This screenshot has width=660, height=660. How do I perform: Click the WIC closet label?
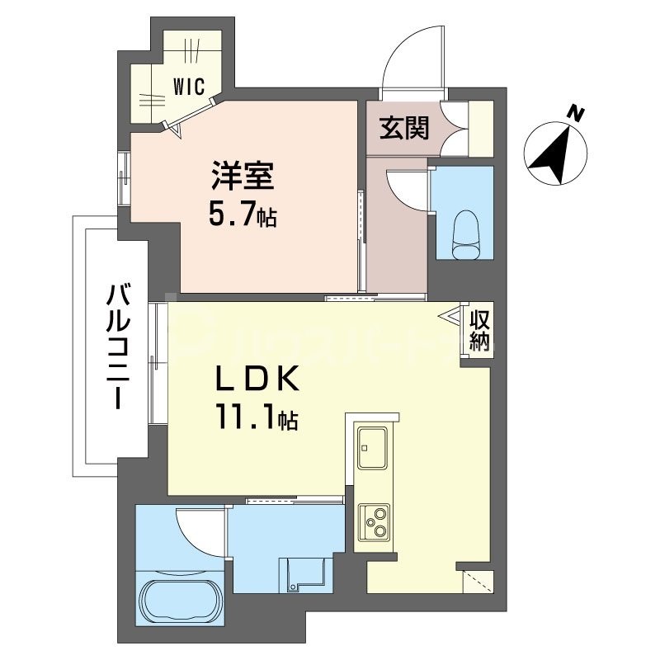tap(189, 84)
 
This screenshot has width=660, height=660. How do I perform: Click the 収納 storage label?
tap(479, 331)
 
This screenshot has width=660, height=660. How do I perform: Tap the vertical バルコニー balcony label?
tap(115, 346)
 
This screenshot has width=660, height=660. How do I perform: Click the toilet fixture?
tap(466, 229)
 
